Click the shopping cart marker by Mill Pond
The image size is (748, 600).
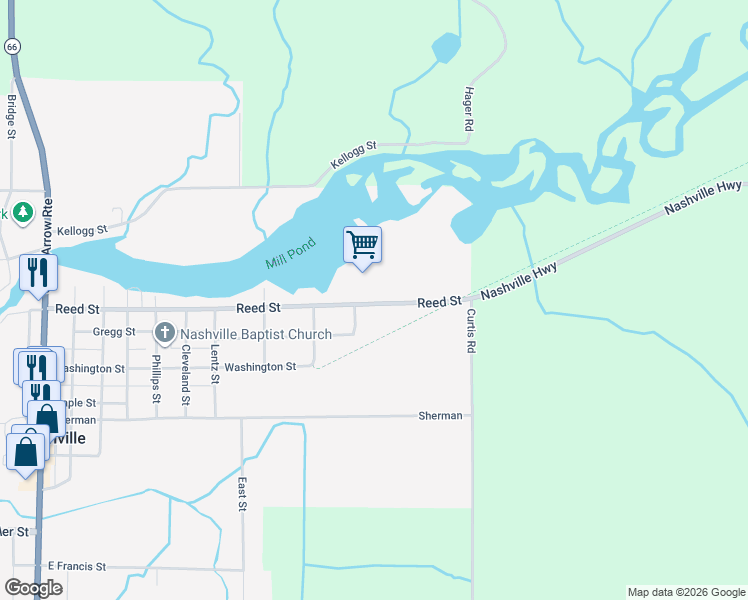click(x=362, y=245)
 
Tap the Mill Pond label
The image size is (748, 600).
click(x=291, y=252)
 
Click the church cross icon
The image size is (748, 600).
click(x=165, y=332)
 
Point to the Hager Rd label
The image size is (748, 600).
click(x=467, y=109)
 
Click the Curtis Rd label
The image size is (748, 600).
click(x=470, y=331)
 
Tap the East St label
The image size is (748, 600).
click(x=242, y=494)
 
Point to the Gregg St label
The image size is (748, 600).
click(x=113, y=332)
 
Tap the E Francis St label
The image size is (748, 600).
click(x=76, y=567)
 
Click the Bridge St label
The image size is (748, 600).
click(x=11, y=116)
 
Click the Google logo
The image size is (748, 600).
click(x=33, y=588)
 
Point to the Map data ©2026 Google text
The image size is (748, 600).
click(x=686, y=592)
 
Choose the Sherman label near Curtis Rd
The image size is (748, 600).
click(x=440, y=415)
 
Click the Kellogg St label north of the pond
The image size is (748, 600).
click(x=353, y=154)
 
